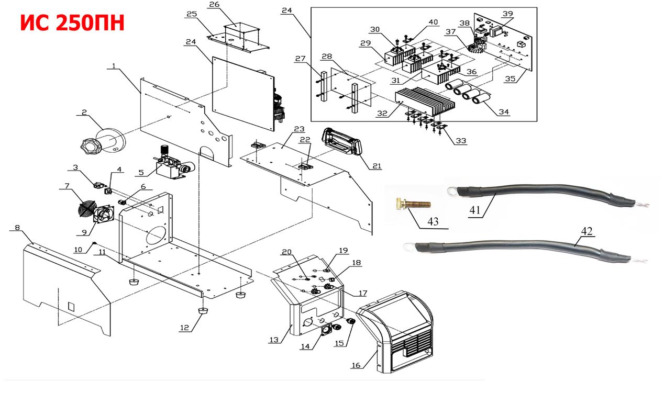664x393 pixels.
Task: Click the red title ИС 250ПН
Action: (x=72, y=23)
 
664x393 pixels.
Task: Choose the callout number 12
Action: (x=184, y=328)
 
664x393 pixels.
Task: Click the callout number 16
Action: (x=356, y=365)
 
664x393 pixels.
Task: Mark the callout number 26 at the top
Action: (x=214, y=5)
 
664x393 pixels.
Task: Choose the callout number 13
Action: (x=273, y=340)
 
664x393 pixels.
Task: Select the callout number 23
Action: (x=298, y=129)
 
